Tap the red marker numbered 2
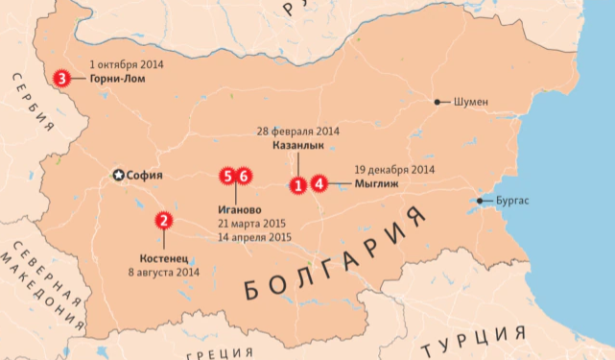(164, 221)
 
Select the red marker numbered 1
(298, 184)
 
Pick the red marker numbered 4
(319, 184)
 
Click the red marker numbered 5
(227, 176)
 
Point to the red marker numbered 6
(244, 176)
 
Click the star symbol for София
(119, 176)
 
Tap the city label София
(145, 176)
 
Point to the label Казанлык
(297, 145)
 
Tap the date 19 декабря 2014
(394, 168)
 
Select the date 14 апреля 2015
(254, 236)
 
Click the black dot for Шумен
(438, 102)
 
